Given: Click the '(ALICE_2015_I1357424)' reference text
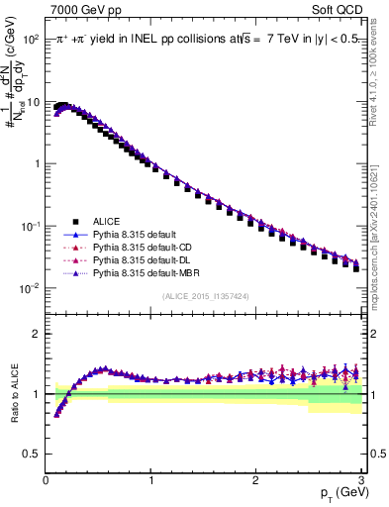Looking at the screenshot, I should (x=205, y=295).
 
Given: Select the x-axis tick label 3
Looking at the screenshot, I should (x=360, y=479).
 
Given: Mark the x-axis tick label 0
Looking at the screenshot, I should (x=46, y=479).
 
